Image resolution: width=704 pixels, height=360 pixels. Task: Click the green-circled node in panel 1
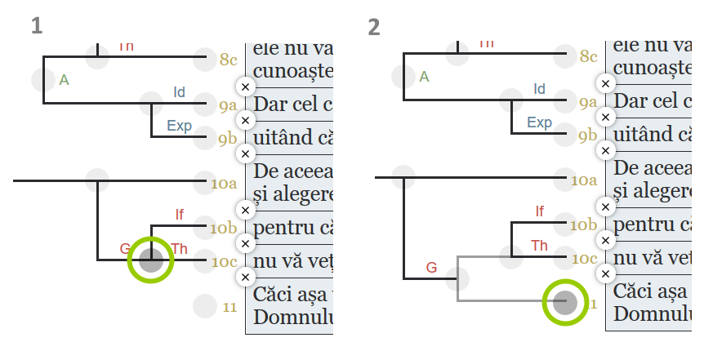(151, 260)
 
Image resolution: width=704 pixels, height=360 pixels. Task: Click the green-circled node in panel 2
(566, 303)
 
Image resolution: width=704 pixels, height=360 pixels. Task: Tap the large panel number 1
(38, 25)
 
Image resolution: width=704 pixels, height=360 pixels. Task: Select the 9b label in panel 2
(587, 135)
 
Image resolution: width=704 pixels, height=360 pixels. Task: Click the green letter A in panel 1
(64, 79)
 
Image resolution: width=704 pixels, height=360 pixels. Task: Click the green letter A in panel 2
(423, 77)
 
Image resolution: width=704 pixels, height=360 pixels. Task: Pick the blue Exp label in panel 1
(179, 125)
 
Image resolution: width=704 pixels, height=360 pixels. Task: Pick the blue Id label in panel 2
(539, 88)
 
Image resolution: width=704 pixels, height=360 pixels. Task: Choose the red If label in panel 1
(179, 215)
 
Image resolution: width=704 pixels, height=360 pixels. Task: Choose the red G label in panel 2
(431, 267)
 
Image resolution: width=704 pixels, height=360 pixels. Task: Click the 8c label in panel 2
(588, 56)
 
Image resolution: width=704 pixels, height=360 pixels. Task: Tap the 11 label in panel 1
(229, 307)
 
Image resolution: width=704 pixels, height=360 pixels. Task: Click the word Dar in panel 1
(270, 104)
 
